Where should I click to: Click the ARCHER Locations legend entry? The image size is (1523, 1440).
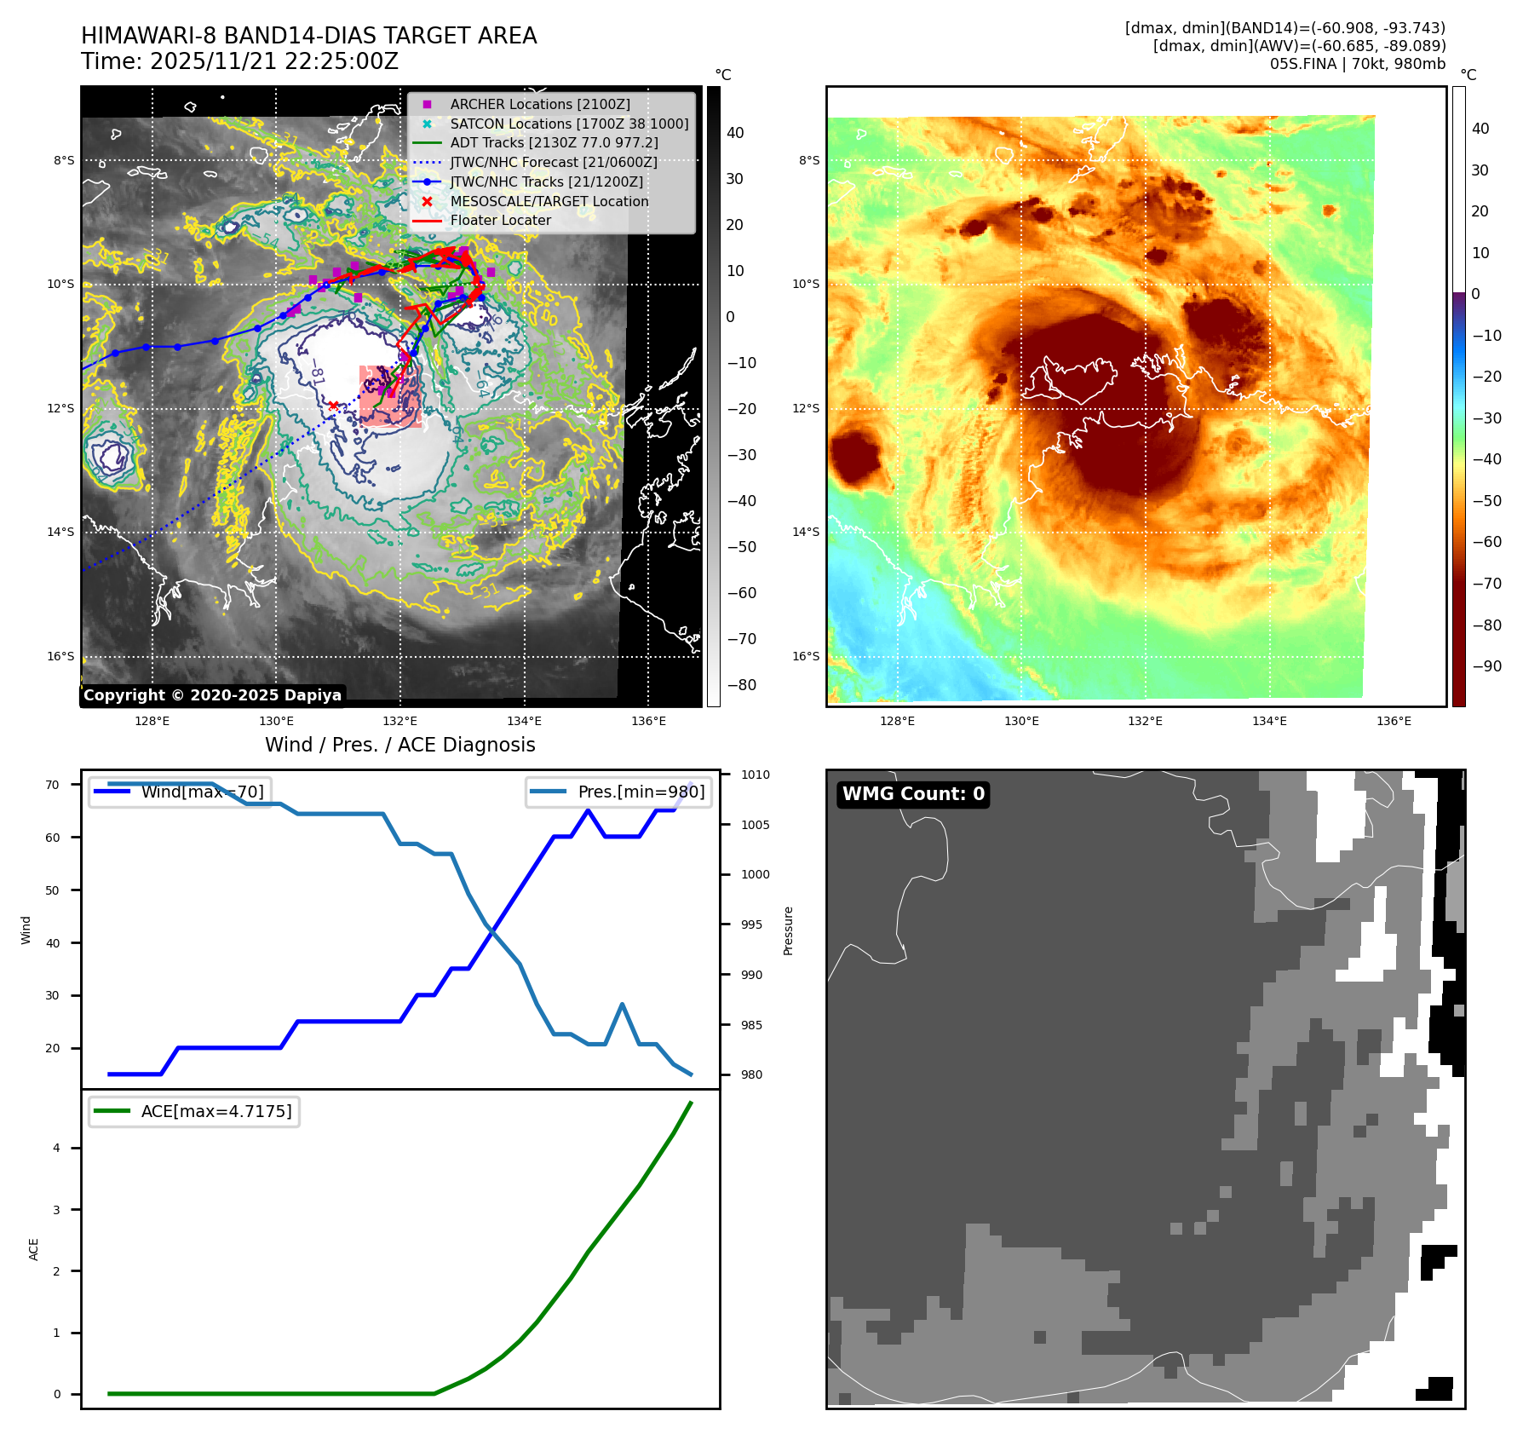pyautogui.click(x=540, y=104)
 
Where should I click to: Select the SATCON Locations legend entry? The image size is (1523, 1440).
pyautogui.click(x=569, y=124)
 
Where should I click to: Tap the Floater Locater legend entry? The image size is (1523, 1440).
pyautogui.click(x=500, y=220)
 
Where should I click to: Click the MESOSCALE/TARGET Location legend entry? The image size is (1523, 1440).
pyautogui.click(x=549, y=201)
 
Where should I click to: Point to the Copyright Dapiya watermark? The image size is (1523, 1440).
pyautogui.click(x=212, y=695)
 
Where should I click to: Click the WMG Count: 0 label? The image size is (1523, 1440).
pyautogui.click(x=913, y=794)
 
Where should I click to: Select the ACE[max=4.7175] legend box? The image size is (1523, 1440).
pyautogui.click(x=194, y=1111)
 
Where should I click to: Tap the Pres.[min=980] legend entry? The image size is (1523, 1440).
pyautogui.click(x=619, y=792)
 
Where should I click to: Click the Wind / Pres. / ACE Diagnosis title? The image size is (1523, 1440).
pyautogui.click(x=399, y=745)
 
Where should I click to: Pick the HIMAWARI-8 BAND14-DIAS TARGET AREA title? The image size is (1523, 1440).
pyautogui.click(x=308, y=36)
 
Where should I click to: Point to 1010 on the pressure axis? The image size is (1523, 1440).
pyautogui.click(x=755, y=775)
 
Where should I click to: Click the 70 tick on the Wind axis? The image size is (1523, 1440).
pyautogui.click(x=53, y=785)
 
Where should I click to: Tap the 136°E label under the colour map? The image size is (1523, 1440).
pyautogui.click(x=1394, y=721)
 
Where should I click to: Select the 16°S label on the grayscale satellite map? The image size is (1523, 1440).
pyautogui.click(x=60, y=656)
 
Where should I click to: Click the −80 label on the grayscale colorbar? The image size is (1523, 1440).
pyautogui.click(x=741, y=685)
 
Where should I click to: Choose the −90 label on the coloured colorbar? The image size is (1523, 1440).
pyautogui.click(x=1486, y=666)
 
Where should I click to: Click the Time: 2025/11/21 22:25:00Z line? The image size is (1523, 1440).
pyautogui.click(x=239, y=61)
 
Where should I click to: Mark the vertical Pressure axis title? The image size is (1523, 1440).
pyautogui.click(x=788, y=930)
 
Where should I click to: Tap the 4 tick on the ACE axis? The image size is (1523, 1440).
pyautogui.click(x=56, y=1148)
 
